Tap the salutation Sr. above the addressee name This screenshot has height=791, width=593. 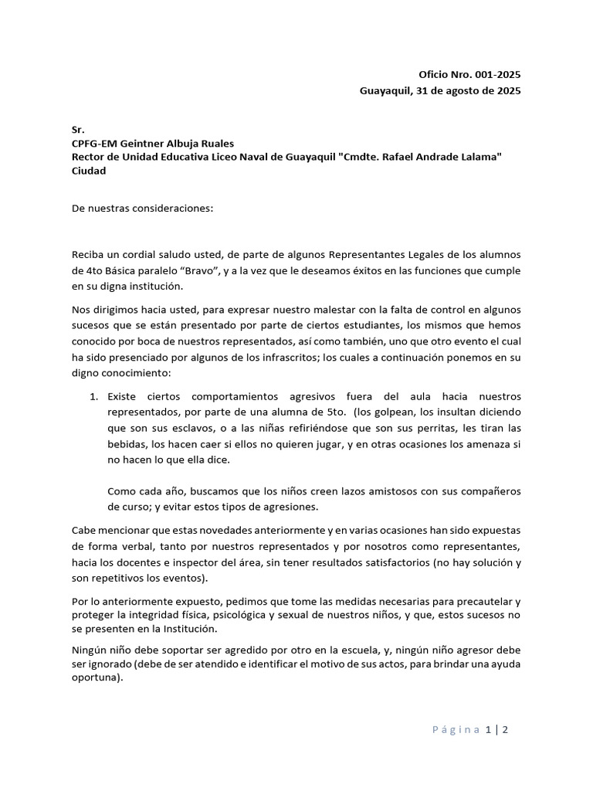77,129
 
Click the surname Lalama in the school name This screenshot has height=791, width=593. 481,157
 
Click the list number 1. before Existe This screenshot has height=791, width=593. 93,396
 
